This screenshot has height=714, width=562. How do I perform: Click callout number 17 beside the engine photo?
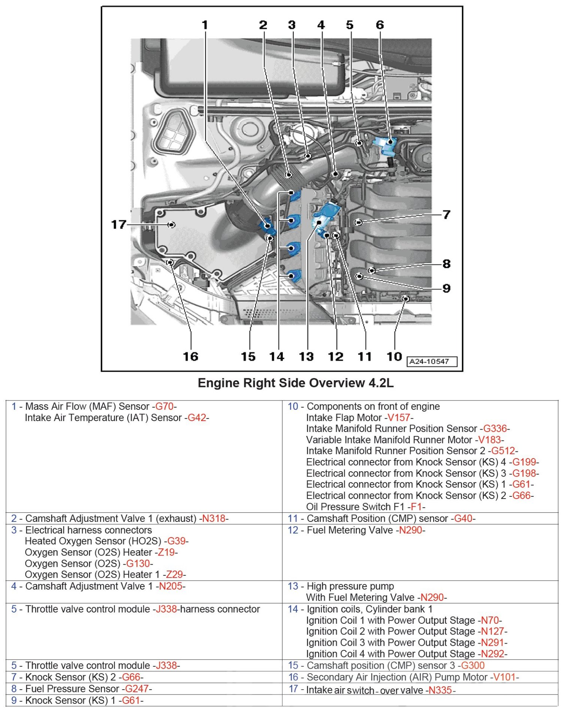tap(118, 225)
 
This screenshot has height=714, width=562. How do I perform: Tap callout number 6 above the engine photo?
tap(380, 25)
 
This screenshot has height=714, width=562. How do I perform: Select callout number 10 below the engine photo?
tap(394, 356)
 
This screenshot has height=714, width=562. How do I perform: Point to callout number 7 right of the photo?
tap(446, 215)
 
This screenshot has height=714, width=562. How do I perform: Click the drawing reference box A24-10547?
tap(432, 361)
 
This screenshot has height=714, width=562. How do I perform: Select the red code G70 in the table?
tap(164, 406)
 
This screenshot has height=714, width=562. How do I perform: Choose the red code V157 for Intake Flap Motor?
tap(399, 418)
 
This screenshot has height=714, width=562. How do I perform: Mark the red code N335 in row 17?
tap(440, 690)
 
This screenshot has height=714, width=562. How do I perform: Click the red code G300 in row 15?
tap(473, 666)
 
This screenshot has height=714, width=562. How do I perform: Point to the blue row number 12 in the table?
tap(293, 530)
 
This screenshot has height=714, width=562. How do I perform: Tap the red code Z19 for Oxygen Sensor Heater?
tap(166, 553)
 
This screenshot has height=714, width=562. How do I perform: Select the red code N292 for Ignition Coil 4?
tap(493, 654)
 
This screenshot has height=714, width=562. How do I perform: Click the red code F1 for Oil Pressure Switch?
tap(416, 507)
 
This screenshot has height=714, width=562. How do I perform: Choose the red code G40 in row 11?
tap(463, 519)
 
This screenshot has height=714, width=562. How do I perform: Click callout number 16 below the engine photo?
tap(191, 356)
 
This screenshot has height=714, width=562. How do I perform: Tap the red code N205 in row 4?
tap(170, 586)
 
